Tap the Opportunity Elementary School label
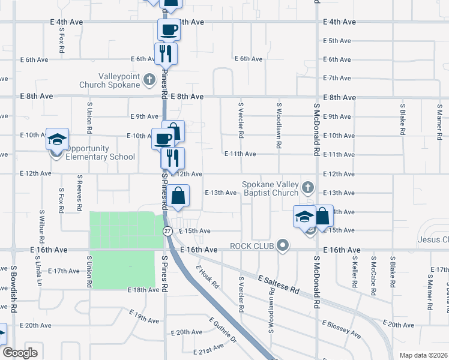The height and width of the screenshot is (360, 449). click(x=100, y=153)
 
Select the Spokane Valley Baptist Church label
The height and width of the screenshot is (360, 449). click(x=270, y=188)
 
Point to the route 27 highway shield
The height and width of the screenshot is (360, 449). click(x=167, y=230)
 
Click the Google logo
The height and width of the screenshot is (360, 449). click(x=20, y=353)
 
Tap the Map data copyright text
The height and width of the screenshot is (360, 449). click(x=424, y=355)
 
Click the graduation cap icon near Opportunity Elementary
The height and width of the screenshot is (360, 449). click(x=58, y=140)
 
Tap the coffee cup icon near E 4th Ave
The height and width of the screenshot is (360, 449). click(x=169, y=29)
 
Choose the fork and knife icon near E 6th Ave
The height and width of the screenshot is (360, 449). click(x=165, y=53)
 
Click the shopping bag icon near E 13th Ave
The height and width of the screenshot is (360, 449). click(x=178, y=196)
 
